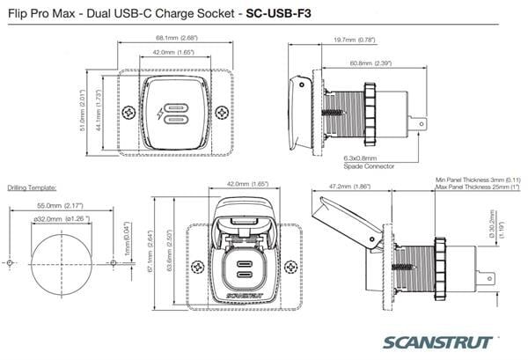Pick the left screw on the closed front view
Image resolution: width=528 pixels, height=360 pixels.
[128, 113]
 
